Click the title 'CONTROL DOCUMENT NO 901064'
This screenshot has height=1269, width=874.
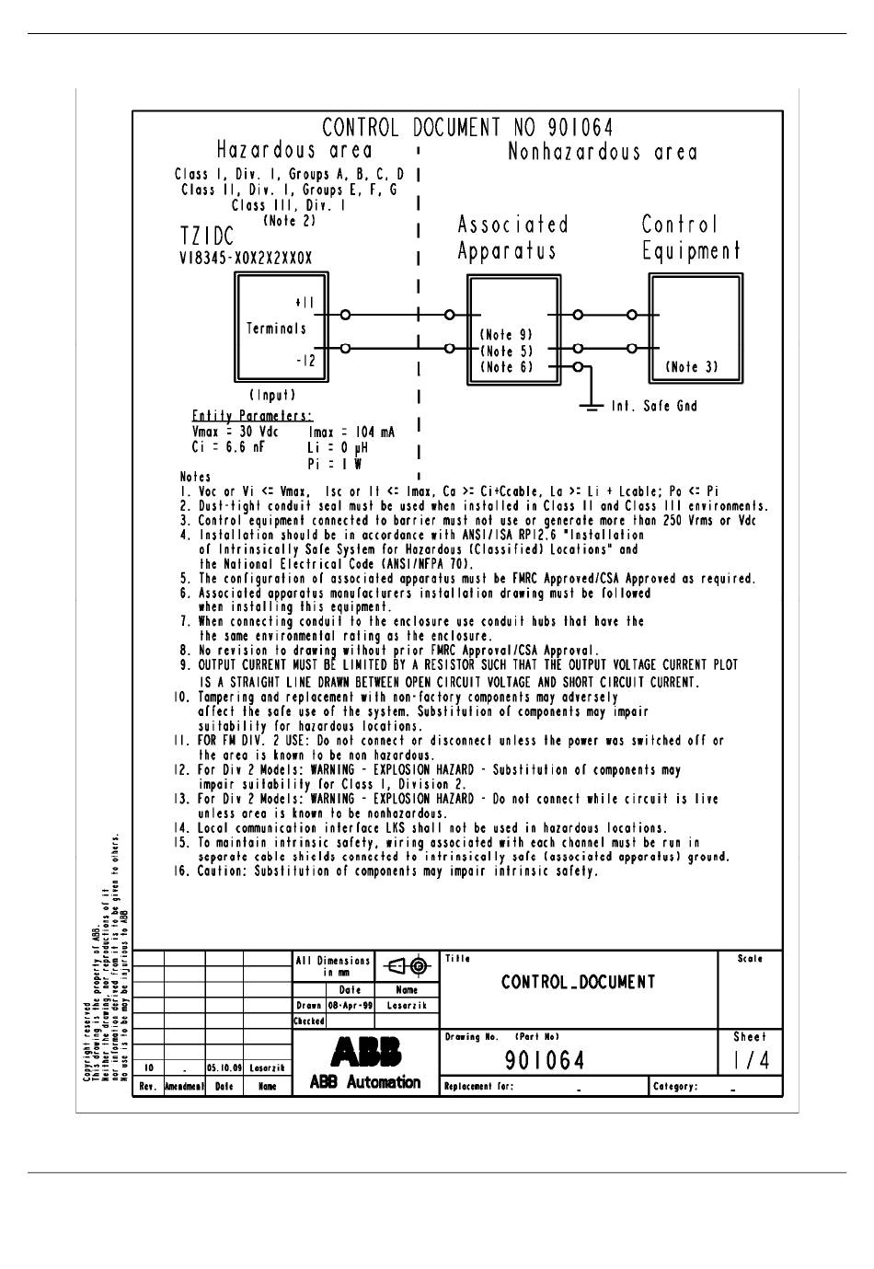(x=467, y=128)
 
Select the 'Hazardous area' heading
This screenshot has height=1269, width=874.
(x=294, y=151)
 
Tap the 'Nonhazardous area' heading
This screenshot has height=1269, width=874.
(x=603, y=152)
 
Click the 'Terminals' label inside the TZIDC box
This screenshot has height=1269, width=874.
(x=276, y=329)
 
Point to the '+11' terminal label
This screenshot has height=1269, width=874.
(x=305, y=303)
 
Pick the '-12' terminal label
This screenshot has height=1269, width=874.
(x=305, y=361)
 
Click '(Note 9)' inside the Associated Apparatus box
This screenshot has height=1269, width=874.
(x=506, y=336)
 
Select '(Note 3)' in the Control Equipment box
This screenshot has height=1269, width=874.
(x=691, y=367)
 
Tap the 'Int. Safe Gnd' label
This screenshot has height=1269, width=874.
(x=654, y=406)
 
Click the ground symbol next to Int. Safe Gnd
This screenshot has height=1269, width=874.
(x=590, y=405)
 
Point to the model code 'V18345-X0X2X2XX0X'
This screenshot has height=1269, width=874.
(x=246, y=259)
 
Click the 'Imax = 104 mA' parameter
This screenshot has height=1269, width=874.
(x=352, y=433)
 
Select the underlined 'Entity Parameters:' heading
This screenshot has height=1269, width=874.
(x=251, y=416)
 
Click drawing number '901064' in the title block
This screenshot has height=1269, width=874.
(x=545, y=1061)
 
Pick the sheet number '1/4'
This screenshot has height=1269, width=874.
(x=751, y=1060)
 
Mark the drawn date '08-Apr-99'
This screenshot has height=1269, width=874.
(x=351, y=1006)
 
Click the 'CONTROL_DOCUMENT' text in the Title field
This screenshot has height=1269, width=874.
(x=579, y=982)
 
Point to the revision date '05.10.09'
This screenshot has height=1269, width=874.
(x=224, y=1068)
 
